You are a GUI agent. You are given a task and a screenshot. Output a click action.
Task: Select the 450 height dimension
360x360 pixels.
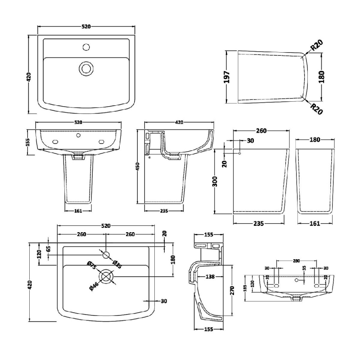tap(139, 166)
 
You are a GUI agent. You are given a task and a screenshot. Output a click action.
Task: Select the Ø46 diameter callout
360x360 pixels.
tap(94, 284)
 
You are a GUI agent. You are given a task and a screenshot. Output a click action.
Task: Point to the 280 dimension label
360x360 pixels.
tap(296, 261)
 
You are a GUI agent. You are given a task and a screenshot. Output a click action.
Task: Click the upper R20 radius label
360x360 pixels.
tap(317, 46)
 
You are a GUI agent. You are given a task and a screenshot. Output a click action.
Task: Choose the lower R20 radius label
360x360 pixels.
tap(316, 108)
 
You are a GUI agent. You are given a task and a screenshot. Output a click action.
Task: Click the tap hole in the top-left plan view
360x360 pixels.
tap(85, 46)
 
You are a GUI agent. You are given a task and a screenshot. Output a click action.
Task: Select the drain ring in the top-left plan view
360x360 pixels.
tap(85, 68)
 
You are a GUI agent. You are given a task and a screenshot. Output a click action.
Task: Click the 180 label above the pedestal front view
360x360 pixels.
tap(315, 139)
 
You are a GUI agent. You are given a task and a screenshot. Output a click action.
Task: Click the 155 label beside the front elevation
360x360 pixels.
tap(28, 142)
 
